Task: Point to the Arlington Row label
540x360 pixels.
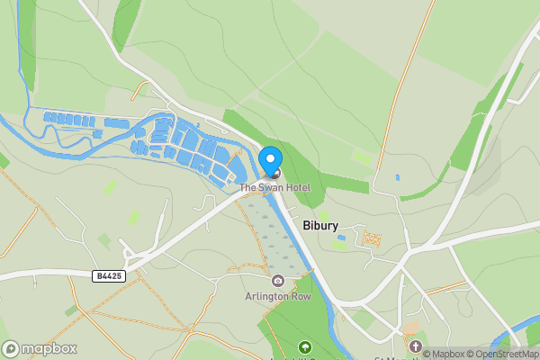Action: pos(277,295)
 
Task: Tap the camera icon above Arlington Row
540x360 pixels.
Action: pos(277,282)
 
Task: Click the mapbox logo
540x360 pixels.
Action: pos(40,348)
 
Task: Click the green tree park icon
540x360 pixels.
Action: pos(304,346)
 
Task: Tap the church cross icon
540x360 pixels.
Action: pos(415,346)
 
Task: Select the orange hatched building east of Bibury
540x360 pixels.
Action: pos(370,238)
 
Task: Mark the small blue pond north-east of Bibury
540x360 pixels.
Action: pos(397,177)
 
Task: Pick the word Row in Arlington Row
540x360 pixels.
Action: pos(299,295)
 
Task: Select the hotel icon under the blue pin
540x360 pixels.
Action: pos(274,173)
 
